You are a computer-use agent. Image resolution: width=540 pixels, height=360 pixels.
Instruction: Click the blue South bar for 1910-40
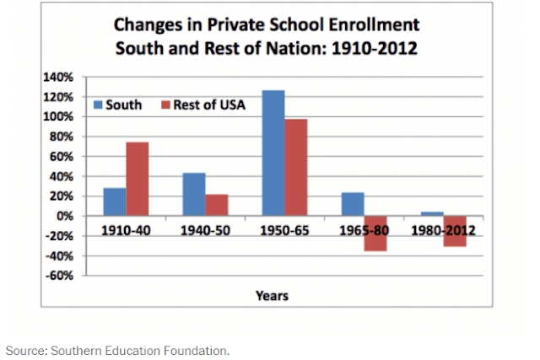click(115, 202)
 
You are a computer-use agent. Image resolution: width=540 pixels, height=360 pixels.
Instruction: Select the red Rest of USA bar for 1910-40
click(138, 179)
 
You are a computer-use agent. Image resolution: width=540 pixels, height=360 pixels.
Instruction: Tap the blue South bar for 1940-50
click(194, 195)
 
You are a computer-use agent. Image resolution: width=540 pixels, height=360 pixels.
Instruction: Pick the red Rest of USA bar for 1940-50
click(217, 206)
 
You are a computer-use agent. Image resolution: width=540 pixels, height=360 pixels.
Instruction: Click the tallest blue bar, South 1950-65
click(273, 153)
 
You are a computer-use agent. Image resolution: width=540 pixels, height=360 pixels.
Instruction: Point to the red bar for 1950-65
click(296, 168)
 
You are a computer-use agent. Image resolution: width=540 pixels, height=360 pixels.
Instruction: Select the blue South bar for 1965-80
click(353, 204)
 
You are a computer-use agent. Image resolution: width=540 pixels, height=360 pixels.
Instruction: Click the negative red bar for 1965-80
click(375, 234)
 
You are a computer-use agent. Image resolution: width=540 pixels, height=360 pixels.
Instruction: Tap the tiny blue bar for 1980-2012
click(432, 214)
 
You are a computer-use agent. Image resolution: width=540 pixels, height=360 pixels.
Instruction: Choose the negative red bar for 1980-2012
click(455, 231)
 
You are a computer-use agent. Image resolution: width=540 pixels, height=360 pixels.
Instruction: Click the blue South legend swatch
click(98, 105)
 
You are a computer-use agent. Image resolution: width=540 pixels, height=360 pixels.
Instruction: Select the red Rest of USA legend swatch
click(166, 105)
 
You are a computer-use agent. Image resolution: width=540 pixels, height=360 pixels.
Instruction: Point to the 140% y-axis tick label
click(58, 77)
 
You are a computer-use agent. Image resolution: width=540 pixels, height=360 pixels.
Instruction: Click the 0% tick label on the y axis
click(65, 216)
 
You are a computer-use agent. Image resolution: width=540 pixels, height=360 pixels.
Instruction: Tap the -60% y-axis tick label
click(60, 276)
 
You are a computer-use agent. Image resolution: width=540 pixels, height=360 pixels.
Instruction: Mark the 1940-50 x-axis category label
click(206, 231)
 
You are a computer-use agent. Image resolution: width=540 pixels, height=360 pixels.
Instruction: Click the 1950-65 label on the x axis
click(285, 231)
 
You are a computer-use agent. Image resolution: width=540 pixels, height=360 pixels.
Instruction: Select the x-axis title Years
click(272, 296)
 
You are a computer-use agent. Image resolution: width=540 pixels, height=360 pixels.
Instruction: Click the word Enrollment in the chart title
click(374, 24)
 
